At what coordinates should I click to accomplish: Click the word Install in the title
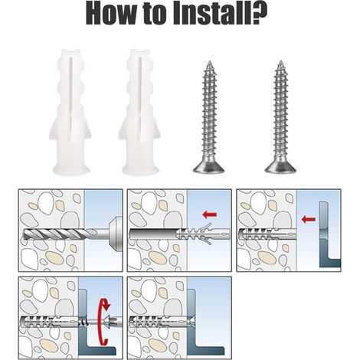(214, 13)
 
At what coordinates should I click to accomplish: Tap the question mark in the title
(259, 13)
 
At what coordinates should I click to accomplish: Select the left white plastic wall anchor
(70, 111)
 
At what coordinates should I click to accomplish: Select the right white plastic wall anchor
(139, 111)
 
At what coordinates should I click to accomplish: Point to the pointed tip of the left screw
(210, 61)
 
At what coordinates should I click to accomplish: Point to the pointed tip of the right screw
(281, 61)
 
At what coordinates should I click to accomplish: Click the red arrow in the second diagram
(209, 214)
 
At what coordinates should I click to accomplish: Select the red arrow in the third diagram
(309, 219)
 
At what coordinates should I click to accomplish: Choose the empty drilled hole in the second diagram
(152, 234)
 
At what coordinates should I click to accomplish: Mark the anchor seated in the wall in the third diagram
(267, 234)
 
